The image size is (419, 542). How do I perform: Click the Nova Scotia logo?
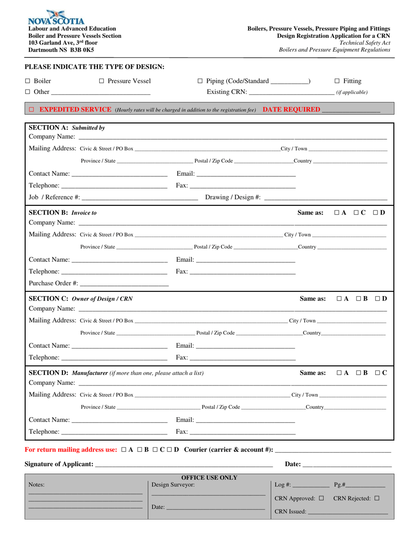pos(56,18)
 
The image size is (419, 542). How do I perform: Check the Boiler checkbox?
pos(27,81)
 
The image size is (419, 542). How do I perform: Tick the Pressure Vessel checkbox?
pos(101,81)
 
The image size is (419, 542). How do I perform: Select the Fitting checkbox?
pos(337,81)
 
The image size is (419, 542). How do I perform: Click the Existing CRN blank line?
pos(291,93)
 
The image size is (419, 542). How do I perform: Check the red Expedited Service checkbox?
pos(31,109)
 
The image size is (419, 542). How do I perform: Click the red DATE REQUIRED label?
pos(291,109)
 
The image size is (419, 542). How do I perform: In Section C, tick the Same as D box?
pos(378,299)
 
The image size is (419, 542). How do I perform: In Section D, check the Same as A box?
pos(339,373)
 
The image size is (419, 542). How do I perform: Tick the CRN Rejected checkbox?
pos(377,498)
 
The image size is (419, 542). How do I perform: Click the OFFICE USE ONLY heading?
pos(209,478)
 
